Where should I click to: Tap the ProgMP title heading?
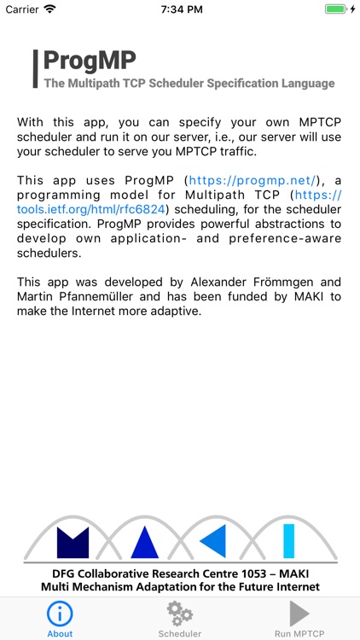(90, 61)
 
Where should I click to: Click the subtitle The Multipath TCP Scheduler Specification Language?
(189, 84)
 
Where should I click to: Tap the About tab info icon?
(60, 614)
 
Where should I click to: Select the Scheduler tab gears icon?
(180, 614)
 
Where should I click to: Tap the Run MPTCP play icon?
(299, 614)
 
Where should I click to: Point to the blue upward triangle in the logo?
(144, 542)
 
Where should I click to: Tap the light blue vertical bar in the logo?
(288, 541)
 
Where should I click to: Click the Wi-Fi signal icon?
(49, 9)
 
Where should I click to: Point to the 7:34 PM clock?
(180, 9)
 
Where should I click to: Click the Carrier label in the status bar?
(21, 9)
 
